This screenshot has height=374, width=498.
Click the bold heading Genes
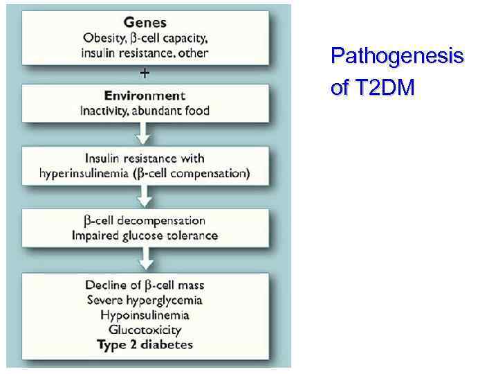(x=145, y=22)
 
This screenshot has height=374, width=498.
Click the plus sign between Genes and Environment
(x=145, y=73)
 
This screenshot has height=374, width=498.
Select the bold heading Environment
(x=145, y=96)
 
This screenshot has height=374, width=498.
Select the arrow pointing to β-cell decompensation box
(x=145, y=197)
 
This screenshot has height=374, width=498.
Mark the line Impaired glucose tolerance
(x=145, y=235)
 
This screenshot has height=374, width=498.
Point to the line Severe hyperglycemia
(x=145, y=300)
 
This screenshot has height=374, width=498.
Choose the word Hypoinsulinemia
(x=145, y=315)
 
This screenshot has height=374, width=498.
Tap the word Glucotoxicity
(x=145, y=330)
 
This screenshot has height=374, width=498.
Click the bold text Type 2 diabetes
(x=145, y=345)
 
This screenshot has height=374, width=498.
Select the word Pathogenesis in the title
(x=397, y=56)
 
